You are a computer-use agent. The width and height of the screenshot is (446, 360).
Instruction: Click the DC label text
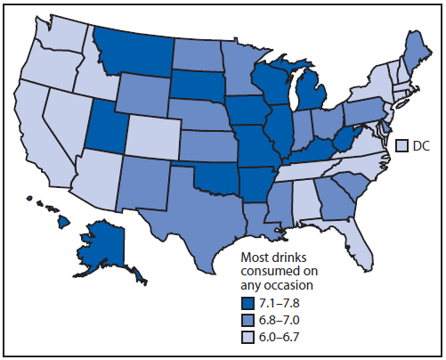click(x=422, y=144)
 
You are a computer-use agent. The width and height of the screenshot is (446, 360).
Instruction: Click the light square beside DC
click(x=402, y=144)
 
